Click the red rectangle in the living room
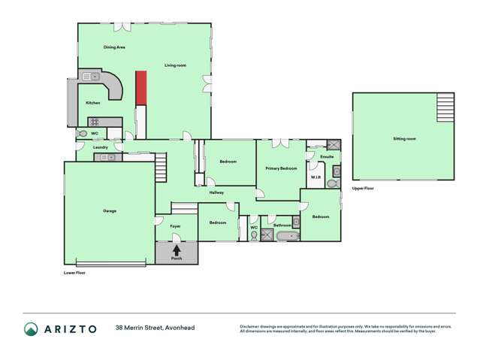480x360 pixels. pos(140,89)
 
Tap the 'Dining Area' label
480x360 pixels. pos(114,47)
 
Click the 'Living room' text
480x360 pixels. pos(176,65)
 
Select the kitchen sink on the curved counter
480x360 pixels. pos(89,76)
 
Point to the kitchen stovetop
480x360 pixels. pos(95,122)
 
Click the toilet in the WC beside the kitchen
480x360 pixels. pos(83,133)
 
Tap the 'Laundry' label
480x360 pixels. pos(101,147)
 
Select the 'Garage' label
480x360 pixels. pos(110,210)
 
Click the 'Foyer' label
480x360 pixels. pos(176,225)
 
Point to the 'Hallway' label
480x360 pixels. pos(217,192)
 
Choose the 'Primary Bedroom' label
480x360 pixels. pos(281,168)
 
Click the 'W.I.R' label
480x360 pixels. pos(315,177)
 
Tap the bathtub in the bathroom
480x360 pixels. pos(288,237)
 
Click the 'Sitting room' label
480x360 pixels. pos(404,139)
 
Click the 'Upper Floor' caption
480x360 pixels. pos(363,188)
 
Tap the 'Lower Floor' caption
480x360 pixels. pos(74,272)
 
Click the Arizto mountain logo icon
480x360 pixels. pos(31,328)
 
